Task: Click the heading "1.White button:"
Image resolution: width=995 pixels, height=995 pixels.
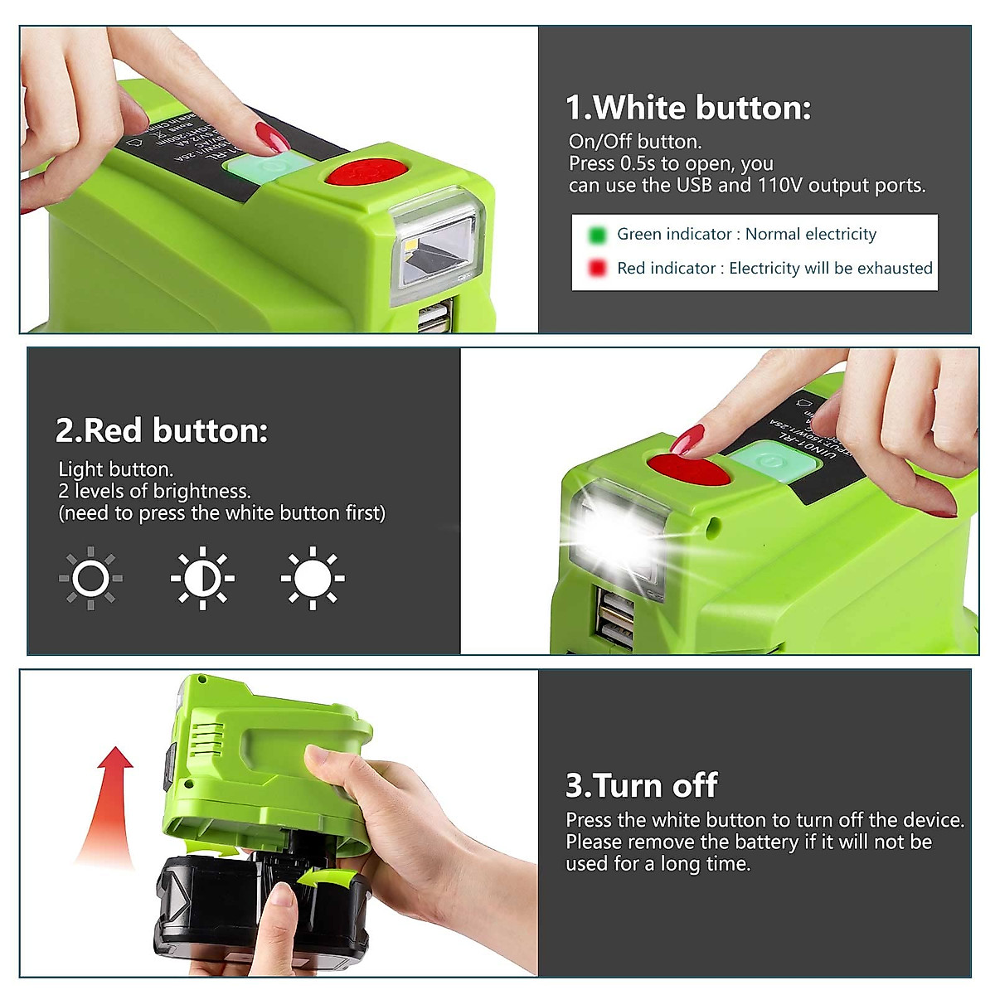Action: point(688,108)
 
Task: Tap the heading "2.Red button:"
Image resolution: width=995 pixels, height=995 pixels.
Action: point(162,430)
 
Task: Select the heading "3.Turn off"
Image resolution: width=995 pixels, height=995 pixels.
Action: point(641,785)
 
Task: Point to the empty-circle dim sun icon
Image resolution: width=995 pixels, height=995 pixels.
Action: point(90,578)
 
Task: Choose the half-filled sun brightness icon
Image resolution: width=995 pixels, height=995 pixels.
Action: point(202,578)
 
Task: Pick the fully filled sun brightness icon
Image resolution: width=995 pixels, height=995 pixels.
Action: point(313,578)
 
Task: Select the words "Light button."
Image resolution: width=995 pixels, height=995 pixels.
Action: point(115,469)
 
